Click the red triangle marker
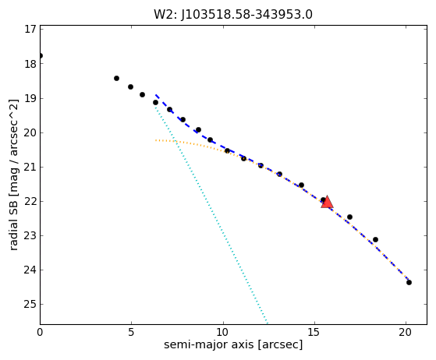pos(327,203)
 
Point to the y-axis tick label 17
pos(30,29)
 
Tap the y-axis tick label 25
pos(30,304)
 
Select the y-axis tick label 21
pos(30,167)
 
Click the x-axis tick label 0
pos(40,332)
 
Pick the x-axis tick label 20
pos(406,332)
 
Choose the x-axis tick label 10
pos(223,332)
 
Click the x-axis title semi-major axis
pos(209,344)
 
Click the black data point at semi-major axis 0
pos(41,56)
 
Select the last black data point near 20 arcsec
pos(409,283)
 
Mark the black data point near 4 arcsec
pos(116,79)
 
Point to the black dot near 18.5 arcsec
pos(375,239)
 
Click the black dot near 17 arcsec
pos(349,217)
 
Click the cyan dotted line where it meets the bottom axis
pos(268,323)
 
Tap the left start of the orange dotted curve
pos(156,140)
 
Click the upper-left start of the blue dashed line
pos(156,95)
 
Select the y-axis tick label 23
pos(30,235)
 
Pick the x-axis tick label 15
pos(314,332)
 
